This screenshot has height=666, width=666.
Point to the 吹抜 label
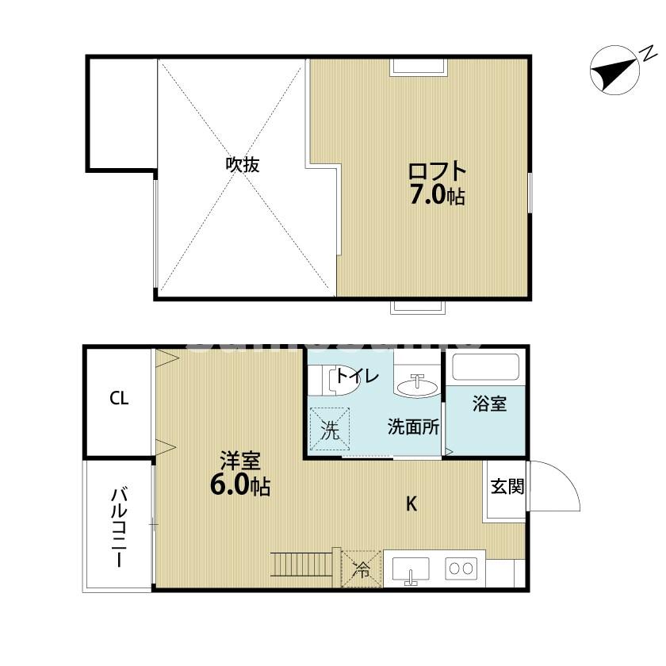point(243,165)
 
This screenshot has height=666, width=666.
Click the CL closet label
point(119,399)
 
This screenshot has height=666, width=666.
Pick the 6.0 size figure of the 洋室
point(229,485)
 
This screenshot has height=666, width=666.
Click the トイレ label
point(357,376)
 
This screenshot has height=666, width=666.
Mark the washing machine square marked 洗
point(329,429)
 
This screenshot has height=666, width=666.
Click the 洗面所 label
point(413,427)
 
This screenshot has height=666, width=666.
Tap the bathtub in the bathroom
point(485,368)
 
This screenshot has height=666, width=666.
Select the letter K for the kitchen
point(411,503)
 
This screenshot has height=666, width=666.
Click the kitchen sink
point(410,570)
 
